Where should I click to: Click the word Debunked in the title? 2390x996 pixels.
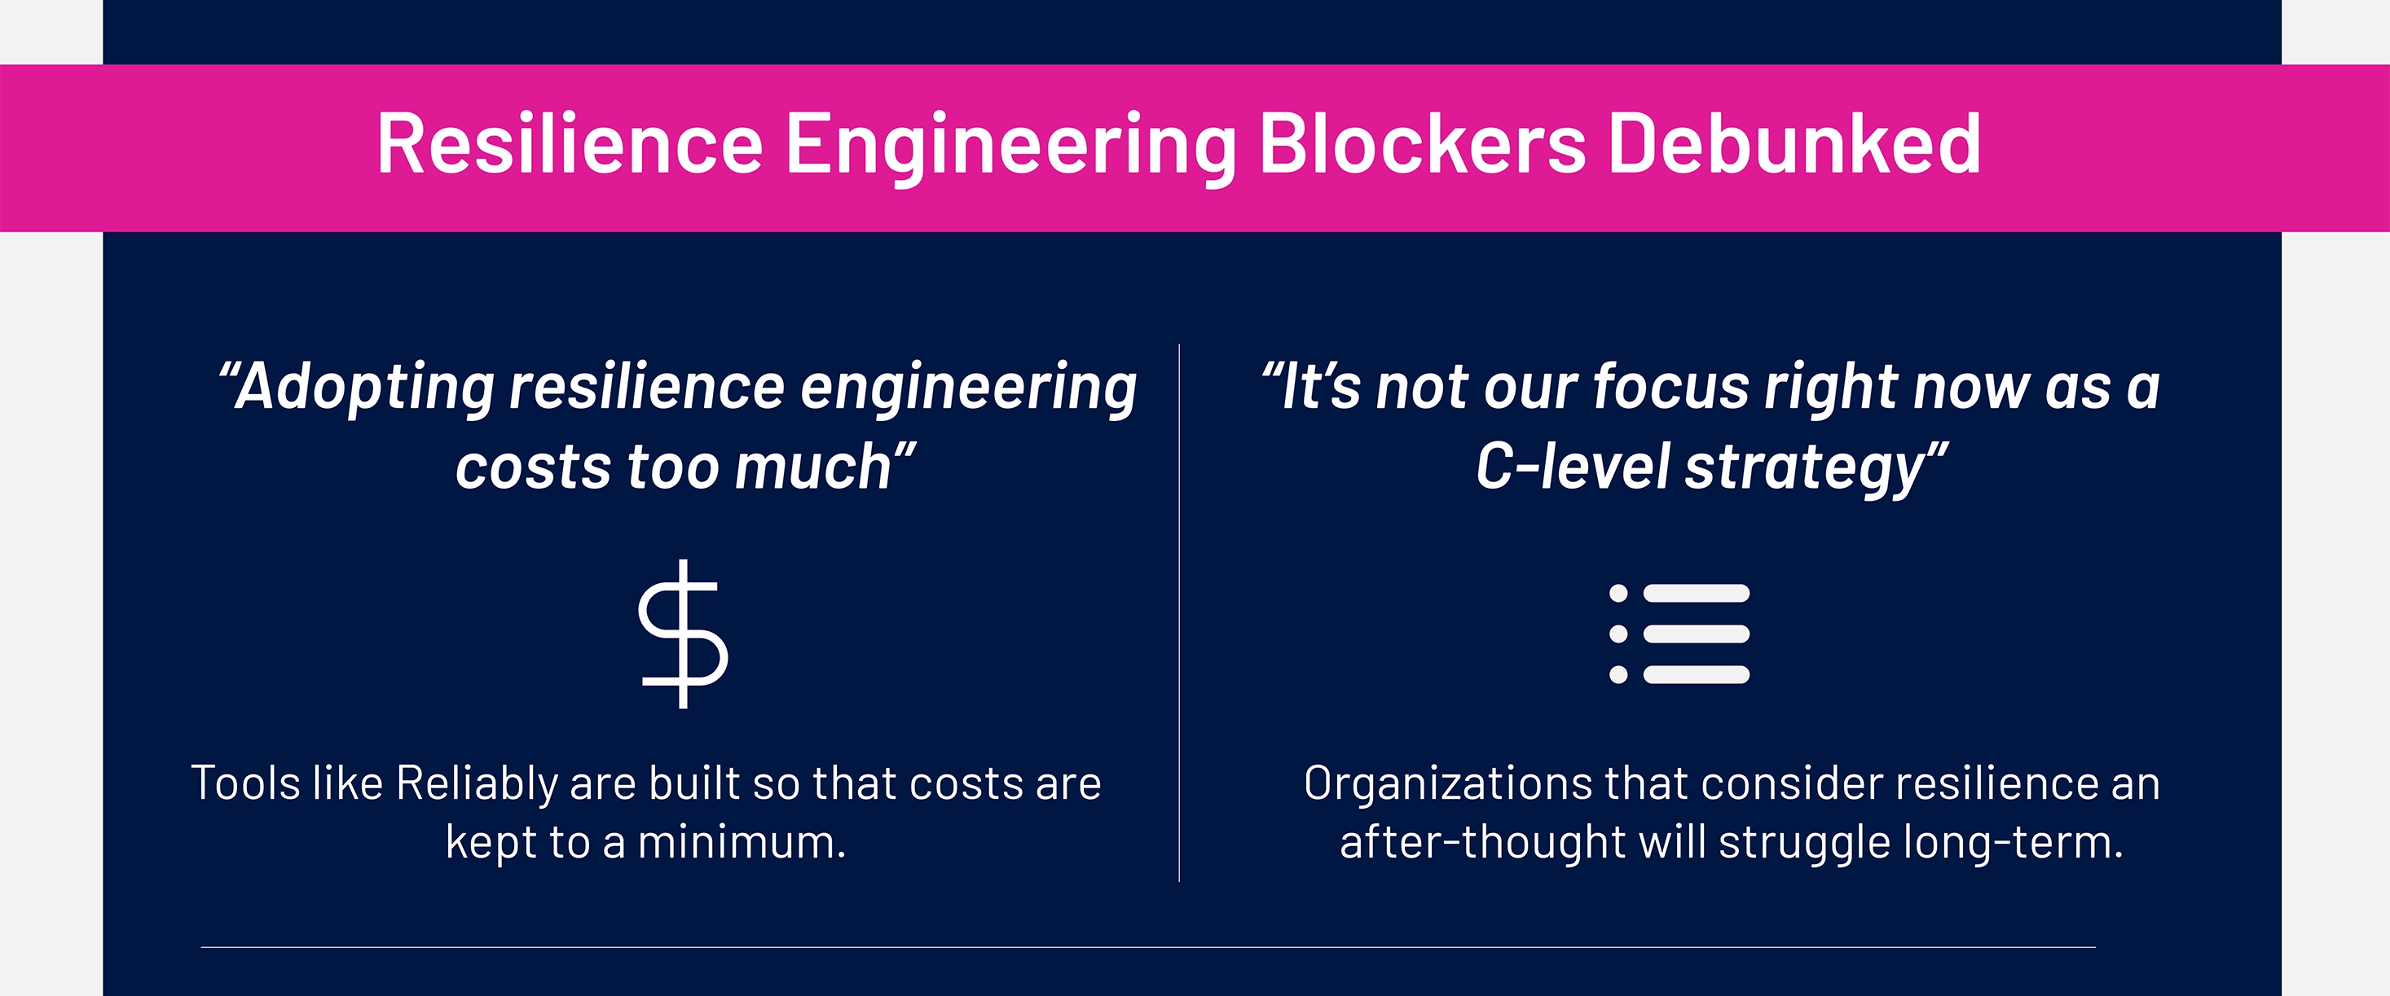click(1794, 144)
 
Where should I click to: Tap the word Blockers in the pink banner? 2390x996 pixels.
click(1422, 144)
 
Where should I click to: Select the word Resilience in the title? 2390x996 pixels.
click(570, 144)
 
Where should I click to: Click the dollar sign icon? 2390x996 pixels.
click(684, 634)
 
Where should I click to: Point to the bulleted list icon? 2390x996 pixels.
click(1679, 634)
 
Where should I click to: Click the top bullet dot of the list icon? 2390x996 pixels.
click(1619, 594)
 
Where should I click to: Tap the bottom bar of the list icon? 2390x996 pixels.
click(1697, 674)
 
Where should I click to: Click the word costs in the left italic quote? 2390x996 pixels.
click(534, 467)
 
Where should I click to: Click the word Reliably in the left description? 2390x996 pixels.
click(476, 784)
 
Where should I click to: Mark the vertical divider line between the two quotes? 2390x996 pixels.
click(1179, 612)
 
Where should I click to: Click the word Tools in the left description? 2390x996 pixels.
click(246, 784)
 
